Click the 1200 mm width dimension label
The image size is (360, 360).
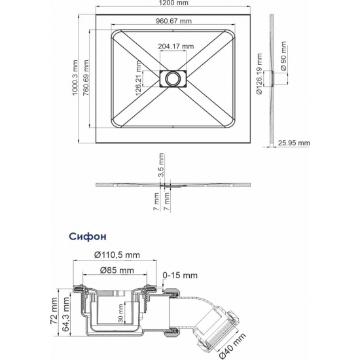click(x=173, y=3)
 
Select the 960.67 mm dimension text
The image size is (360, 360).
click(x=174, y=21)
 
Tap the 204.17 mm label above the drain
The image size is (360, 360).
click(x=176, y=46)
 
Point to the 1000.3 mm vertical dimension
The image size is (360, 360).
click(x=75, y=78)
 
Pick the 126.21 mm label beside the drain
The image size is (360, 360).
click(x=138, y=79)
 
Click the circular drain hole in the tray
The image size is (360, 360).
click(x=172, y=79)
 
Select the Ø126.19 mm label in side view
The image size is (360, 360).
click(x=259, y=74)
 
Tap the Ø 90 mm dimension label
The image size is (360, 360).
click(x=283, y=56)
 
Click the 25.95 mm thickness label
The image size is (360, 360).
click(x=294, y=143)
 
